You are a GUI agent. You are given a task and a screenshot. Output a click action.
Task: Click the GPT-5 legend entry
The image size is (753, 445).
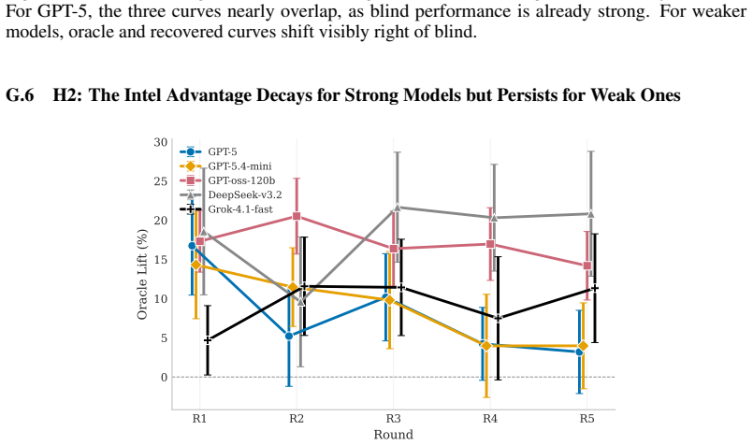pos(209,151)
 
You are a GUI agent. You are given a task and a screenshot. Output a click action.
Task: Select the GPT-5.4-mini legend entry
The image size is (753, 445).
pos(225,166)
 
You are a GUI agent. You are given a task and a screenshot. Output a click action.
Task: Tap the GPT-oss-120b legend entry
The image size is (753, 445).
pos(227,180)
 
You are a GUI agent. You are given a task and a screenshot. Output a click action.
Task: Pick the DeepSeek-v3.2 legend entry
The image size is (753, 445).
pos(230,194)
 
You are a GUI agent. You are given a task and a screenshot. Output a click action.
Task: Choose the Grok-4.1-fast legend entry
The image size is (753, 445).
pos(226,209)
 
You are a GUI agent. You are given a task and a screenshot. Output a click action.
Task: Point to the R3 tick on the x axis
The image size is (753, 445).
pos(393,419)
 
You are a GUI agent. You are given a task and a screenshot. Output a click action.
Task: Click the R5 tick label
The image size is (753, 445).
pos(586,419)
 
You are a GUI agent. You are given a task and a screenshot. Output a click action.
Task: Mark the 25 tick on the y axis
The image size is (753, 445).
pos(160,181)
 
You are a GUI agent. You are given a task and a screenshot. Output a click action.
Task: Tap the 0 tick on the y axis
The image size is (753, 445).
pos(164,378)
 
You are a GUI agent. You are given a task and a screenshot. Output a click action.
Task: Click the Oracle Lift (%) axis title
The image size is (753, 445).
pos(142,274)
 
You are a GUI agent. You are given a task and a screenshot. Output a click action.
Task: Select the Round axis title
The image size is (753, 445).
pos(393,435)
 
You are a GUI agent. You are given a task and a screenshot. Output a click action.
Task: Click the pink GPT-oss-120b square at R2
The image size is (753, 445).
pos(297,217)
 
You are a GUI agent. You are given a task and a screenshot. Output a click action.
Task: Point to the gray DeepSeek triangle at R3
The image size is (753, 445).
pos(398,208)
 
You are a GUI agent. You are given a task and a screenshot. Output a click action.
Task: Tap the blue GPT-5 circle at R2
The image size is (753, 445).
pos(289,336)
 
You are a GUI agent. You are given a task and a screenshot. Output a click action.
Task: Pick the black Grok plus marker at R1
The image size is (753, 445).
pos(208,340)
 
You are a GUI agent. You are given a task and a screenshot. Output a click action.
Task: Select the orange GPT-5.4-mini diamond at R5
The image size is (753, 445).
pos(583,346)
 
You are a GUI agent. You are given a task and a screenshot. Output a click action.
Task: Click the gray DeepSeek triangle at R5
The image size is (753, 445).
pos(590,214)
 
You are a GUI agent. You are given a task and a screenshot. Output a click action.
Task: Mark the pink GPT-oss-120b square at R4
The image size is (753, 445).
pos(490,244)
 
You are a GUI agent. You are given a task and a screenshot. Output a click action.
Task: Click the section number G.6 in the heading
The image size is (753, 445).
pos(20,95)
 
